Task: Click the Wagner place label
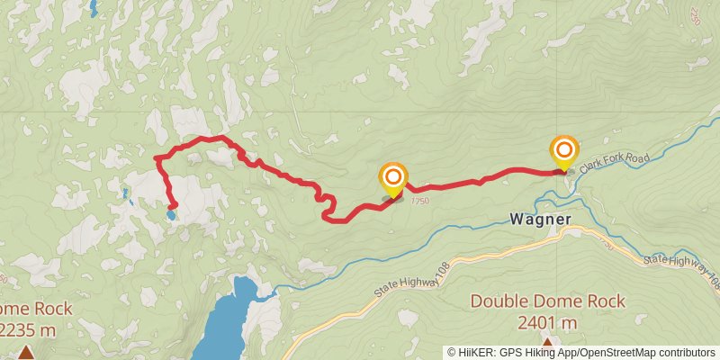pos(539,219)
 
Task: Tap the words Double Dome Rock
pos(547,301)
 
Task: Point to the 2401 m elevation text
pos(547,322)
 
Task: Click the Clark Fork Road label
pos(614,161)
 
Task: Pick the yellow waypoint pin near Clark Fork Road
pos(564,153)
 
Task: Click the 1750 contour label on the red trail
pos(419,202)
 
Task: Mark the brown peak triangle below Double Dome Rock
pos(546,343)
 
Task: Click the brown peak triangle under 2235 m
pos(26,352)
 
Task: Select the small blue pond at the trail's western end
pos(170,215)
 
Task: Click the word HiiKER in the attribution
pos(474,352)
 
